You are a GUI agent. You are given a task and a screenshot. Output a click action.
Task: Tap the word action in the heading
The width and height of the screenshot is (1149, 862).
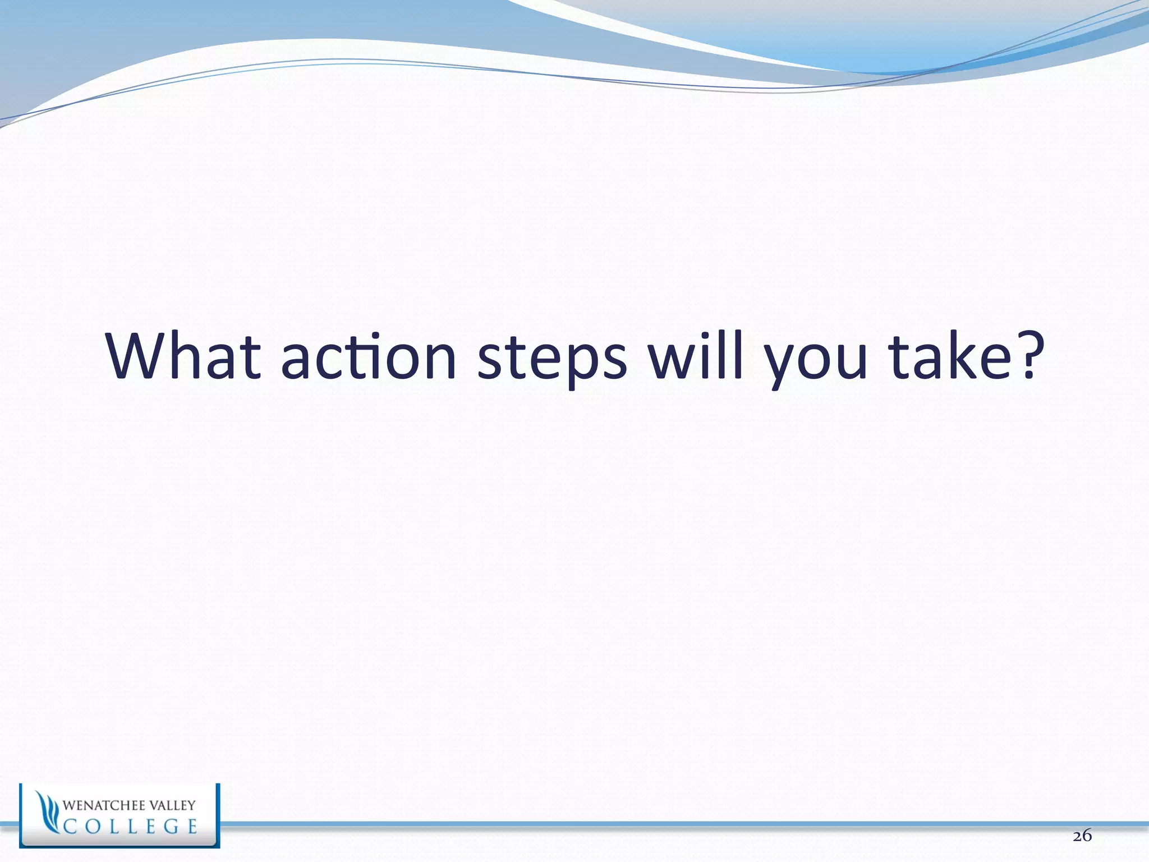pos(369,357)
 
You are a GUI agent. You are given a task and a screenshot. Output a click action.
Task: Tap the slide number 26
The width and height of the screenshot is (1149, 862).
pos(1082,836)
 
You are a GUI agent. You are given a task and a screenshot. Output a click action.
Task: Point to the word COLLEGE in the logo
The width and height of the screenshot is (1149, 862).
pos(130,826)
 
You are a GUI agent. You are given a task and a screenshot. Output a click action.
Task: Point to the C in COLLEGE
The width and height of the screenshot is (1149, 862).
pos(71,827)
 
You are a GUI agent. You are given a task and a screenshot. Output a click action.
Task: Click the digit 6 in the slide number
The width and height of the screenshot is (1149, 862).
pos(1087,836)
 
